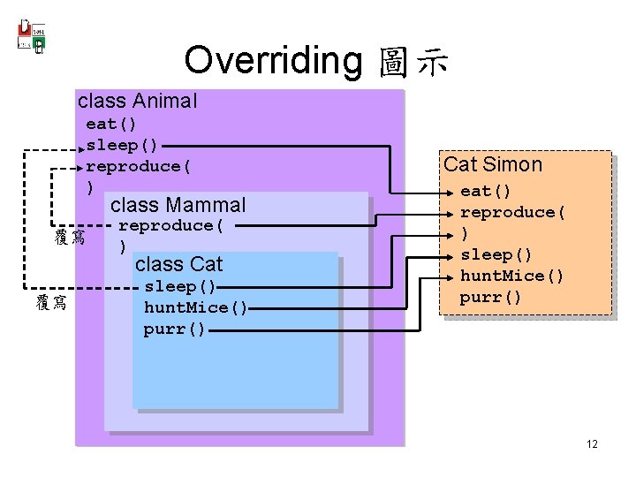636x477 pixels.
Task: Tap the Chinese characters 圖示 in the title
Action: pyautogui.click(x=413, y=62)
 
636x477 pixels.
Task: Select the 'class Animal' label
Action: pyautogui.click(x=137, y=101)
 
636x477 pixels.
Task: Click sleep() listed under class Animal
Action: pyautogui.click(x=122, y=145)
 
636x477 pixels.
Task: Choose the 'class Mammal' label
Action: pyautogui.click(x=178, y=205)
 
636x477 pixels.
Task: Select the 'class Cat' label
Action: pyautogui.click(x=178, y=264)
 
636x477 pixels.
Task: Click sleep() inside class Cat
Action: pyautogui.click(x=179, y=286)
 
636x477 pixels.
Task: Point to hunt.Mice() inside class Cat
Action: pyautogui.click(x=195, y=307)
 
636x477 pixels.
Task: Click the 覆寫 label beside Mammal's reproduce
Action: pyautogui.click(x=69, y=238)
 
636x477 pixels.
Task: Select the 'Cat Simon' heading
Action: pyautogui.click(x=492, y=164)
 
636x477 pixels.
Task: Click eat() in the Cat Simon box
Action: pyautogui.click(x=486, y=191)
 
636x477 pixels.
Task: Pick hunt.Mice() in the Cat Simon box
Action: pyautogui.click(x=511, y=276)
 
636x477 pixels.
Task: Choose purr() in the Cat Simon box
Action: pyautogui.click(x=490, y=297)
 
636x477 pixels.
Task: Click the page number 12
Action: pyautogui.click(x=591, y=443)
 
